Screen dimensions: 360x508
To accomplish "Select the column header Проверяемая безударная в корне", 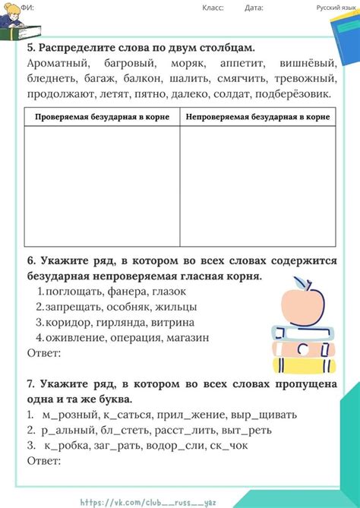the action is tap(102, 117).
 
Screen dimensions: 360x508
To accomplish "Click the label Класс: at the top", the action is tap(213, 8).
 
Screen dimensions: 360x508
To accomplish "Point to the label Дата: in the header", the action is tap(254, 8).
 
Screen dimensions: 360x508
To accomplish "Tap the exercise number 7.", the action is tap(31, 384).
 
